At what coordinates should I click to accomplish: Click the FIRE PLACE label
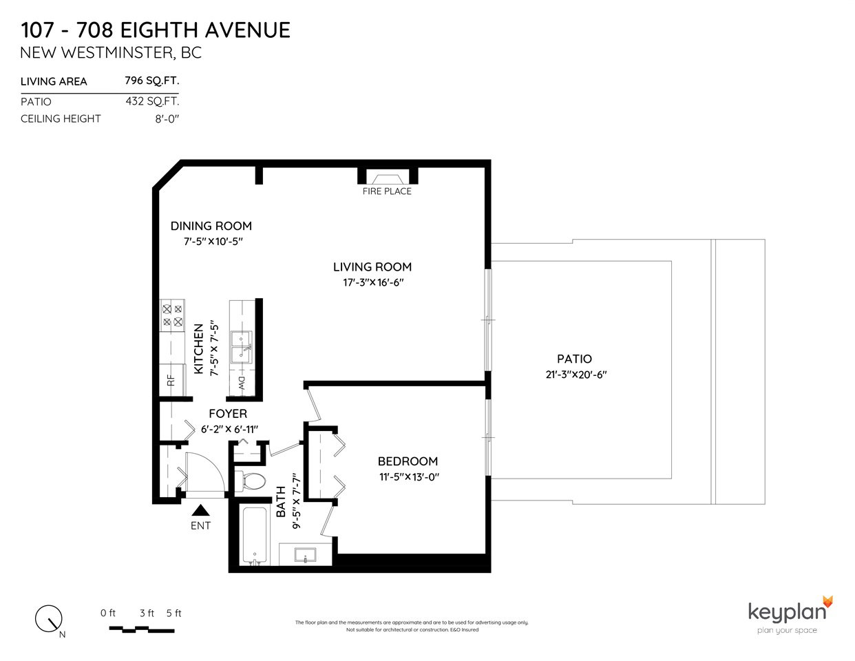click(x=387, y=191)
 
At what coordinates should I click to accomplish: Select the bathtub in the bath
click(x=255, y=535)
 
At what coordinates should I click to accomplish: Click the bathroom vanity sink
click(x=306, y=555)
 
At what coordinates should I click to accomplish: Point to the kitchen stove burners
click(x=172, y=315)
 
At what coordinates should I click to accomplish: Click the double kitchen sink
click(x=242, y=346)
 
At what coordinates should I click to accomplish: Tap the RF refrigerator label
click(x=171, y=381)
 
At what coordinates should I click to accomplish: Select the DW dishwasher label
click(x=241, y=384)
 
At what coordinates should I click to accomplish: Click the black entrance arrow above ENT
click(x=200, y=510)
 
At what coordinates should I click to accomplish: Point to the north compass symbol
click(x=49, y=618)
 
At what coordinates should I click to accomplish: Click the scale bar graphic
click(x=142, y=629)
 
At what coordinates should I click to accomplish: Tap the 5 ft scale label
click(x=174, y=613)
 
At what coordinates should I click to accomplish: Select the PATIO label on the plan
click(x=574, y=359)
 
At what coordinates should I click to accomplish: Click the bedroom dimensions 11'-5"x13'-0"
click(x=409, y=477)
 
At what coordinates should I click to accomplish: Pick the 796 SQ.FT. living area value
click(x=152, y=81)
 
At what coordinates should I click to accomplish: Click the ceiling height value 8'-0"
click(x=167, y=119)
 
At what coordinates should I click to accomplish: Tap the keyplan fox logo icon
click(x=828, y=602)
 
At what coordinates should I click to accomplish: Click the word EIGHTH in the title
click(x=159, y=30)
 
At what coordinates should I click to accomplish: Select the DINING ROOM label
click(x=211, y=227)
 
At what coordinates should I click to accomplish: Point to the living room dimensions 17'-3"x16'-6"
click(x=373, y=282)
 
